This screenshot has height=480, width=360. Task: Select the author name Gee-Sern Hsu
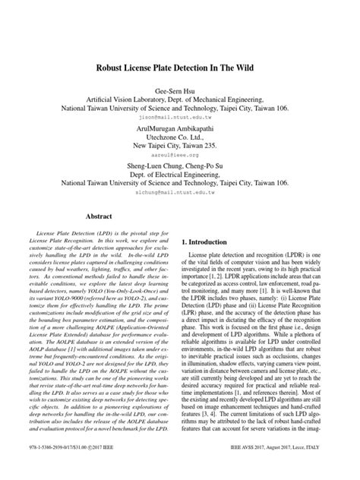point(180,92)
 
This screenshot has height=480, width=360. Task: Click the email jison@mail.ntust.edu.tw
point(180,118)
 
